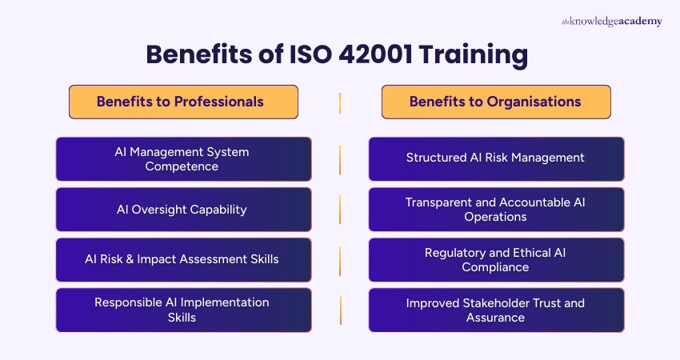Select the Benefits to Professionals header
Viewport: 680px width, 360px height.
click(x=183, y=102)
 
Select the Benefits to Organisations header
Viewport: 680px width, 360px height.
click(x=495, y=102)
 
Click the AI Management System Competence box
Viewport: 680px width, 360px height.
click(x=183, y=158)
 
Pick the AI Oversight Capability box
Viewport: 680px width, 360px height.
click(x=183, y=210)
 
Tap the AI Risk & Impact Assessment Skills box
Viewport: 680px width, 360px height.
click(x=183, y=259)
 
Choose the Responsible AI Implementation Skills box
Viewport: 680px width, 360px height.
click(x=183, y=310)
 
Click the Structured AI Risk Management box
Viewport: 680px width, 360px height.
click(x=495, y=158)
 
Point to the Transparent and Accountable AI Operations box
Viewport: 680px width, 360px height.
click(x=495, y=210)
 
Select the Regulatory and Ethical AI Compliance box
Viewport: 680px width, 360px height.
click(x=495, y=259)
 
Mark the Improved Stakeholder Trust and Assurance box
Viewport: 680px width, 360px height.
click(x=495, y=310)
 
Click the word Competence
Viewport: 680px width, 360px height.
click(x=182, y=166)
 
